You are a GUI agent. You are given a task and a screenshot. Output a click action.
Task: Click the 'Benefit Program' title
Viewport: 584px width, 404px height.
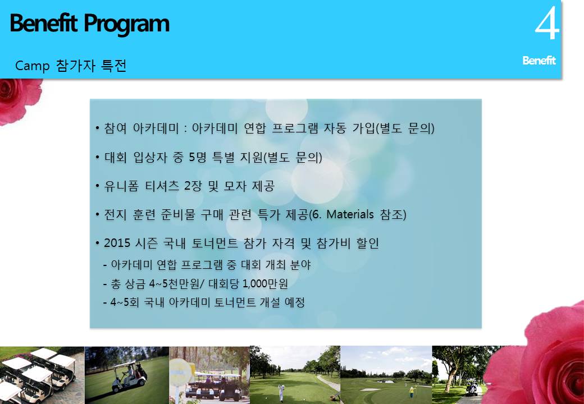pyautogui.click(x=89, y=24)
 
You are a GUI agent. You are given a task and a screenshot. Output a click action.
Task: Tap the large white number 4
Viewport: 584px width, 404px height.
pyautogui.click(x=547, y=24)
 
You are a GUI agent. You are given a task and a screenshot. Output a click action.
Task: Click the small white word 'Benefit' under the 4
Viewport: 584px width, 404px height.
pyautogui.click(x=539, y=60)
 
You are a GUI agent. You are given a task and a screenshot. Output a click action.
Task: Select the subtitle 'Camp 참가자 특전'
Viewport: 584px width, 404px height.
pyautogui.click(x=71, y=66)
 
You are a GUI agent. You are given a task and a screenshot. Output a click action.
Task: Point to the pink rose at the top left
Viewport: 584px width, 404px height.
pyautogui.click(x=19, y=100)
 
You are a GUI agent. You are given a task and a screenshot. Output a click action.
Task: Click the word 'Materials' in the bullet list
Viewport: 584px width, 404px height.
pyautogui.click(x=350, y=214)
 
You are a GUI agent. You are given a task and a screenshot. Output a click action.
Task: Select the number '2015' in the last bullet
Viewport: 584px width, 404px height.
pyautogui.click(x=117, y=243)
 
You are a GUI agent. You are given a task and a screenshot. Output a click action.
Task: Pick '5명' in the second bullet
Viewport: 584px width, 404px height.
pyautogui.click(x=198, y=157)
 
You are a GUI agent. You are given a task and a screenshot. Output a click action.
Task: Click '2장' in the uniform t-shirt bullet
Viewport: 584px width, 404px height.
pyautogui.click(x=193, y=186)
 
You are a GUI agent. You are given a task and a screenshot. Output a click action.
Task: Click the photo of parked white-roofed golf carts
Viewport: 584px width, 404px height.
pyautogui.click(x=42, y=375)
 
